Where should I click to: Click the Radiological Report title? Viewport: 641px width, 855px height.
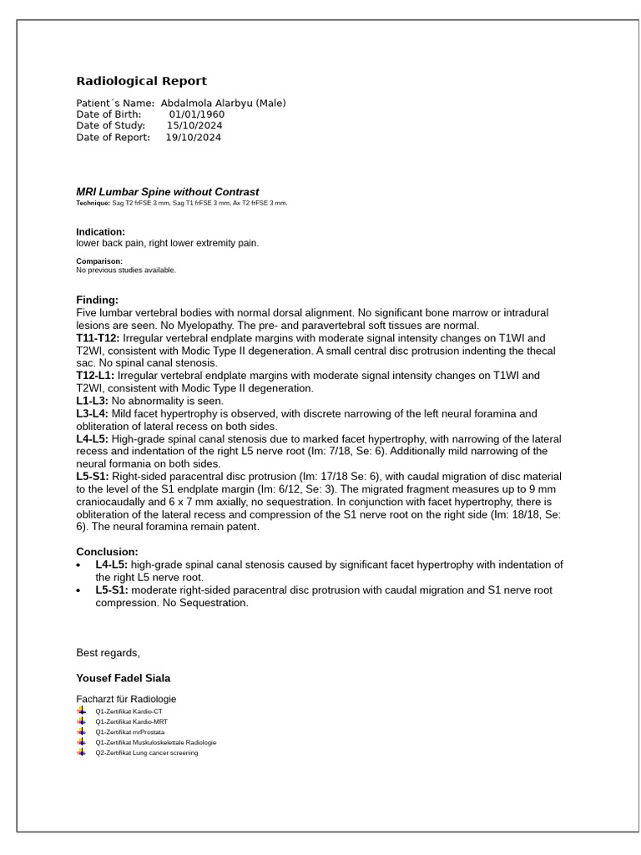[x=141, y=81]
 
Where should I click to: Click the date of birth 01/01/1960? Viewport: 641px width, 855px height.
[x=196, y=114]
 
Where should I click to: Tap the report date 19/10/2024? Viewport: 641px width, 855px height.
[x=193, y=138]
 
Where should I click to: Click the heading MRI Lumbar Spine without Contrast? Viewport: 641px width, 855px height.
[x=167, y=192]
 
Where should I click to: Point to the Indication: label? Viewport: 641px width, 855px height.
[x=100, y=232]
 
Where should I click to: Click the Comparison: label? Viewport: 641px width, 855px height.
[x=98, y=261]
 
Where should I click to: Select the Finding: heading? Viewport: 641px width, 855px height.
[x=97, y=300]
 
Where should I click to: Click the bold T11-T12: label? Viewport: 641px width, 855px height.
[x=98, y=338]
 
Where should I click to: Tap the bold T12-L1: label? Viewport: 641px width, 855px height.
[x=95, y=376]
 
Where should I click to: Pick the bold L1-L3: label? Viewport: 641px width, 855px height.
[x=93, y=401]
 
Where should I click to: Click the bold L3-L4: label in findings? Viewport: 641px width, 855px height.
[x=93, y=413]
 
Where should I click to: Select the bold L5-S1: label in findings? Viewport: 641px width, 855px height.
[x=93, y=477]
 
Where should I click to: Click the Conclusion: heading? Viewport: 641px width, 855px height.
[x=107, y=552]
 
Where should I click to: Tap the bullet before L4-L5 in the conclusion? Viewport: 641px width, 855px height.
[x=78, y=565]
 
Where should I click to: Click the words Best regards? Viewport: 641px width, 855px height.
[x=108, y=653]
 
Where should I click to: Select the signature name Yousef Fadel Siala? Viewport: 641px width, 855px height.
[x=123, y=678]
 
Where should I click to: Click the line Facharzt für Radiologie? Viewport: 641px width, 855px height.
[x=126, y=699]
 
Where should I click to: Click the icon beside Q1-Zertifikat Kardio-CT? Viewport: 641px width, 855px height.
[x=82, y=711]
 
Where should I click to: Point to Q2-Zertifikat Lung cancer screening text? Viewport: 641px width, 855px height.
[x=146, y=752]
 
